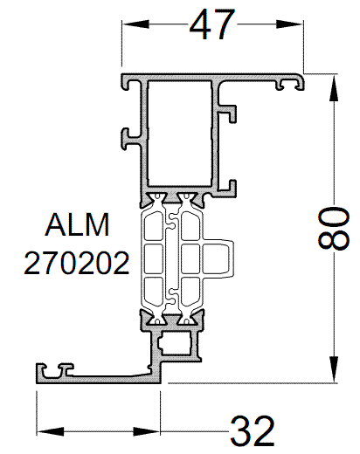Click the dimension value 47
point(212,25)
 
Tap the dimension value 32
point(253,430)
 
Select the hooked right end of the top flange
point(291,84)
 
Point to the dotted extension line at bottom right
point(253,382)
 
